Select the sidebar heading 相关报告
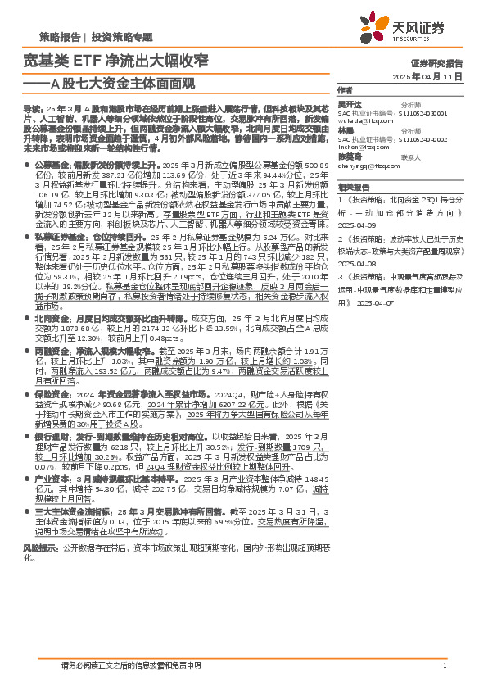(x=351, y=187)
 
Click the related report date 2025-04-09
(x=356, y=224)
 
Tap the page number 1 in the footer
(x=443, y=665)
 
